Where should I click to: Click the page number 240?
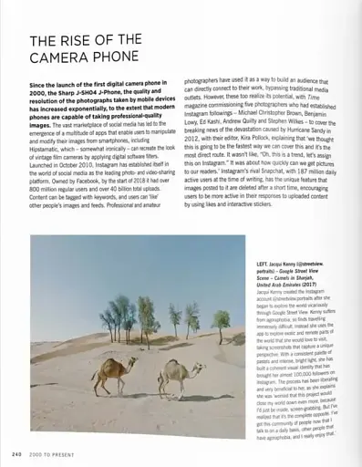(16, 453)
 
